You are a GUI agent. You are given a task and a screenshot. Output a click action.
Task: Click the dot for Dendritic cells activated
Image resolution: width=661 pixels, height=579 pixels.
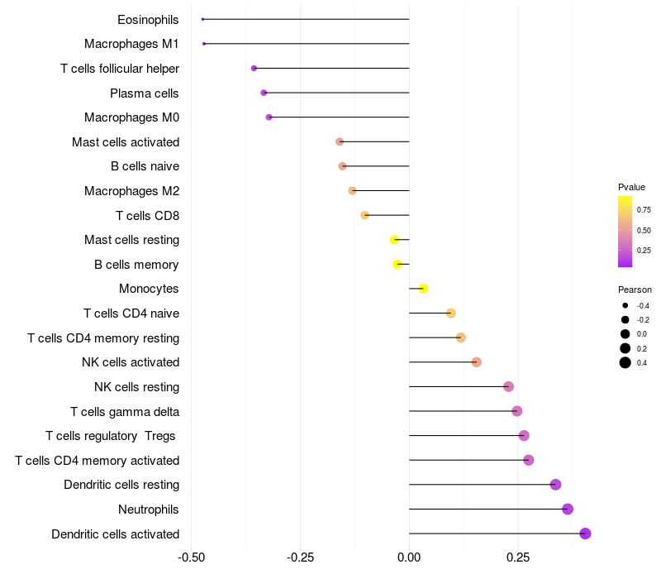point(585,534)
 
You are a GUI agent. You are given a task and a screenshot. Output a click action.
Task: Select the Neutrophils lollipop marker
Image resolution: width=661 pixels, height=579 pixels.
point(568,509)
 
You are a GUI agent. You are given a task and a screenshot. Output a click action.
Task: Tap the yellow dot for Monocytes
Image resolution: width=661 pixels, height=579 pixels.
point(423,289)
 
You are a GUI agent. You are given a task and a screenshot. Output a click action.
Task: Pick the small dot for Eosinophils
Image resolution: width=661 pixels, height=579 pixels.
point(202,19)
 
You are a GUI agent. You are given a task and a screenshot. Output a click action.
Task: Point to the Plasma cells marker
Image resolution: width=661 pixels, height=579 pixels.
point(264,93)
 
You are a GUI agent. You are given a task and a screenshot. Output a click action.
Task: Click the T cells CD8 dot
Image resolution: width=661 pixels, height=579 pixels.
point(364,215)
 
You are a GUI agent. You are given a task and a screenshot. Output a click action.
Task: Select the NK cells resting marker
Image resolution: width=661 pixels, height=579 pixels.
point(508,386)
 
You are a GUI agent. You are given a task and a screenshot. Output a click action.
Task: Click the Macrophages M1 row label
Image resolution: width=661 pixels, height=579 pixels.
point(131,44)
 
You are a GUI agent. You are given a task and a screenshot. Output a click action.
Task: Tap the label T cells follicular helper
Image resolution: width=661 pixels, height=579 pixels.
point(120,69)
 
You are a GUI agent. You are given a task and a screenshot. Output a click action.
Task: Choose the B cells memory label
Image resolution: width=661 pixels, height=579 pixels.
point(136,265)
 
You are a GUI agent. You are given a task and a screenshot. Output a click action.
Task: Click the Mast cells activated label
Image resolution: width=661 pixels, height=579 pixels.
point(126,142)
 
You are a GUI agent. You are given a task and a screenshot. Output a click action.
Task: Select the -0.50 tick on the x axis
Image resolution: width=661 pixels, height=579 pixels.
point(192,557)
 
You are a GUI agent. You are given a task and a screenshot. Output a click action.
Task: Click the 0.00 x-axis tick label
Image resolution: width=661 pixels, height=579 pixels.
point(409,557)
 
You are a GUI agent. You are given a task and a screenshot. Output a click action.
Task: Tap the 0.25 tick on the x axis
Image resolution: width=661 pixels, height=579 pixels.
point(518,557)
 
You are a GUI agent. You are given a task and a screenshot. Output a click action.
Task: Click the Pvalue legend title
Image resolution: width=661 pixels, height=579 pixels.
point(631,187)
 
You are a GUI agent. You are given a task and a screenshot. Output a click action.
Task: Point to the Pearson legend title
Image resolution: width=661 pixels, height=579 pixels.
point(635,290)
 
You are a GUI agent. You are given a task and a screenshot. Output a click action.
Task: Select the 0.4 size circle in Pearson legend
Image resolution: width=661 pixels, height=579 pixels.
point(625,362)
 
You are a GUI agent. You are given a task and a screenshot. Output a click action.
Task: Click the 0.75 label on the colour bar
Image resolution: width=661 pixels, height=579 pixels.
point(644,210)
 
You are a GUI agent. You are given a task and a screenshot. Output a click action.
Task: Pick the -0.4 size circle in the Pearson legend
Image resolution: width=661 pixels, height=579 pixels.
point(625,306)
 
